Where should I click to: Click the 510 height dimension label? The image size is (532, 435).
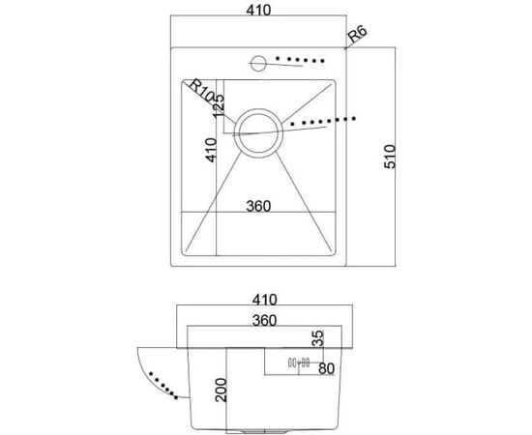tap(390, 157)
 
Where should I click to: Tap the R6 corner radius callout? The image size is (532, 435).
tap(358, 34)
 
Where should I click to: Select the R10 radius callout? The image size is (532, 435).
tap(200, 90)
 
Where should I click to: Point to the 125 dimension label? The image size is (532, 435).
tap(219, 105)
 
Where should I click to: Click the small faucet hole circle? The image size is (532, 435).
tap(258, 63)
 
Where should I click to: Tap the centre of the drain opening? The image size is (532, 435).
tap(258, 133)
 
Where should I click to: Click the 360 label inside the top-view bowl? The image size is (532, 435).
tap(258, 206)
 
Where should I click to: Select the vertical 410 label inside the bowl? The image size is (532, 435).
tap(211, 150)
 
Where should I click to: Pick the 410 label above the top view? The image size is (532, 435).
tap(258, 11)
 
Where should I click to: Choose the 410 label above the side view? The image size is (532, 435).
tap(265, 300)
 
